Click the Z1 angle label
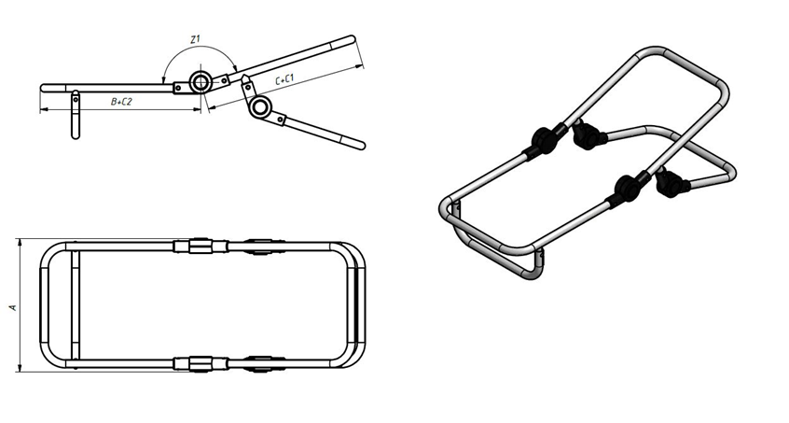[195, 39]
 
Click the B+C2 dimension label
[121, 102]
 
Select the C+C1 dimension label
[284, 80]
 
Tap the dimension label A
[14, 306]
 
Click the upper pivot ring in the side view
[200, 82]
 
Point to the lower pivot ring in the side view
[260, 106]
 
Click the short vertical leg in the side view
[75, 115]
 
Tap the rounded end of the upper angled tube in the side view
[352, 39]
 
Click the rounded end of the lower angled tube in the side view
[361, 146]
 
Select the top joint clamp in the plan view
[201, 246]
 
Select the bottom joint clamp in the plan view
[201, 363]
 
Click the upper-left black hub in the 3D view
[542, 140]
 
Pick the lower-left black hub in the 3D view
[626, 189]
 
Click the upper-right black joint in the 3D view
[588, 136]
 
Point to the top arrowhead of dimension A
[21, 242]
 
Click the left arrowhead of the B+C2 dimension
[43, 108]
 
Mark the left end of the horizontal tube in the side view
[43, 88]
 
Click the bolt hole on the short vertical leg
[75, 99]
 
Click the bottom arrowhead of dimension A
[21, 368]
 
